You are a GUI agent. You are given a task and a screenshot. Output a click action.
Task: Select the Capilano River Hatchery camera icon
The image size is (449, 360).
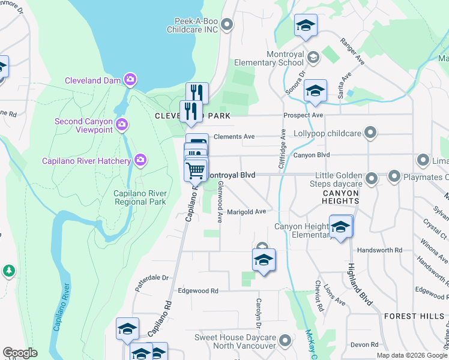[140, 160]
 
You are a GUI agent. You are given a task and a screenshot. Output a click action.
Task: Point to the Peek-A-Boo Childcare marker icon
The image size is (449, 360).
[227, 25]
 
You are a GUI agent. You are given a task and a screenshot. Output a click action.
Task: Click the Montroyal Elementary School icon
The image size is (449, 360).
[313, 58]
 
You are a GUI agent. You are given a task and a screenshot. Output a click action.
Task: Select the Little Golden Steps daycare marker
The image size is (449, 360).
[372, 178]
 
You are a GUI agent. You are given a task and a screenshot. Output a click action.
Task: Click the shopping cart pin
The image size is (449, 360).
[196, 170]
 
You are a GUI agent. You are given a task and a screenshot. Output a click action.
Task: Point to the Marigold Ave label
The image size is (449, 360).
[246, 212]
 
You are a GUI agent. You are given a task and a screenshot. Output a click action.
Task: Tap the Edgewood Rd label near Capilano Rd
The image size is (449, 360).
[198, 291]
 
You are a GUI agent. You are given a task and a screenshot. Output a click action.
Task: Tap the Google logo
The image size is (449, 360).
[20, 353]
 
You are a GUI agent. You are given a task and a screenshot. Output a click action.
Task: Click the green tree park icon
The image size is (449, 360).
[8, 271]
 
